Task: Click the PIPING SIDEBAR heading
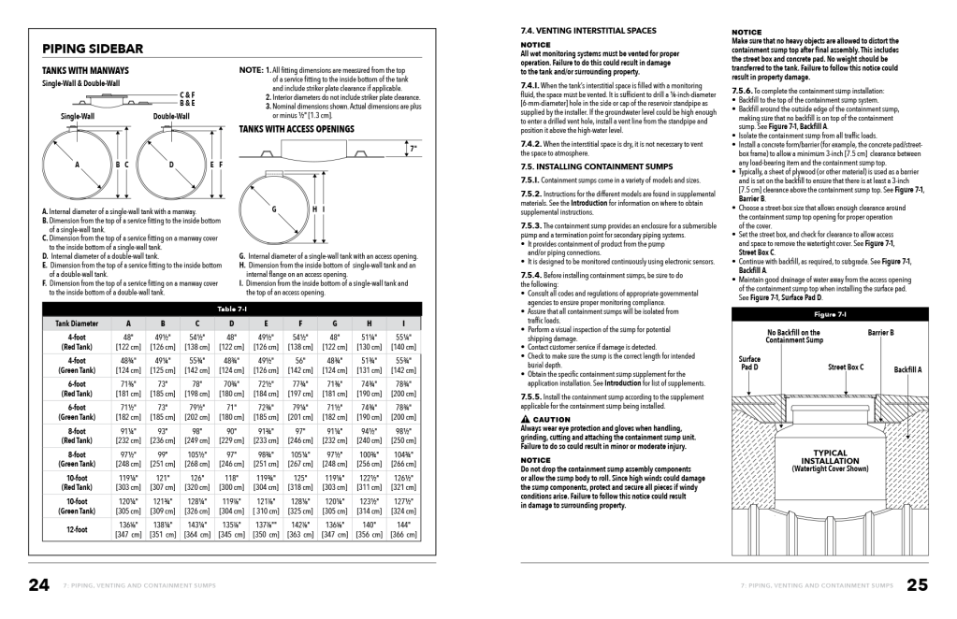tap(93, 49)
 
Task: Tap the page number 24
tap(38, 585)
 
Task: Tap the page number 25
tap(918, 585)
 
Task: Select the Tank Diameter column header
tap(77, 324)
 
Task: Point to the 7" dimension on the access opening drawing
tap(413, 148)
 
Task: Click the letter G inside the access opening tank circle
tap(274, 209)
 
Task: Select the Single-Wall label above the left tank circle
tap(78, 117)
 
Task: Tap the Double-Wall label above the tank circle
tap(171, 117)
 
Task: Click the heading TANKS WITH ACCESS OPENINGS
tap(296, 129)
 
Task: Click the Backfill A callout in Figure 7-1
tap(907, 369)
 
